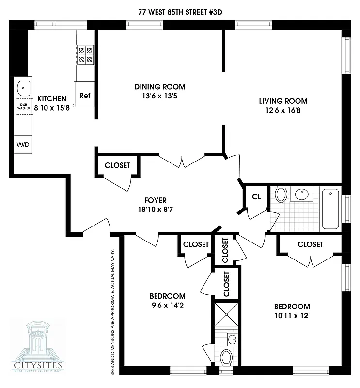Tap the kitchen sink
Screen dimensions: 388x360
point(23,88)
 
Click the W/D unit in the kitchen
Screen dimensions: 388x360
point(23,145)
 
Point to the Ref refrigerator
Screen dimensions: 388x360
point(85,95)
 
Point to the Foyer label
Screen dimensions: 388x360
point(156,200)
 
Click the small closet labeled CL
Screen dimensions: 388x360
point(256,197)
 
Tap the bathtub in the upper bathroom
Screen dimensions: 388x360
point(331,209)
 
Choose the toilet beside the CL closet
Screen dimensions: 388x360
point(281,195)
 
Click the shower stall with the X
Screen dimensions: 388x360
point(226,314)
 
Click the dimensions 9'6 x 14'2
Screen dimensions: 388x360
point(167,305)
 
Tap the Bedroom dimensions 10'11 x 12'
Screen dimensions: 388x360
point(292,315)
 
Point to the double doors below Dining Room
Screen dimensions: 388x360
point(182,161)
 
